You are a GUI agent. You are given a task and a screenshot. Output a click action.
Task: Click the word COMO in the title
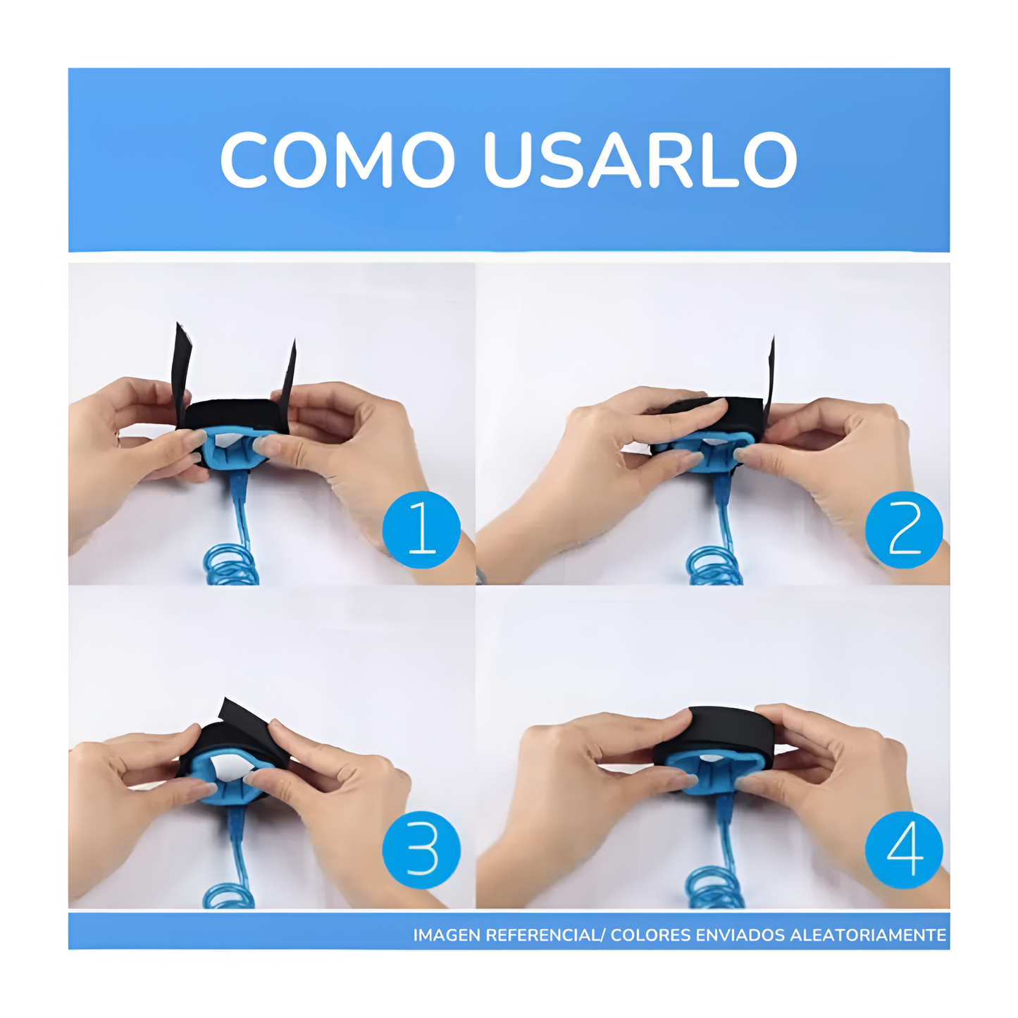pyautogui.click(x=337, y=160)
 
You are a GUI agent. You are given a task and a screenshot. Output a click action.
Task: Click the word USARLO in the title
pyautogui.click(x=640, y=160)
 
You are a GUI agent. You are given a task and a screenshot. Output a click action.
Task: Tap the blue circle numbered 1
pyautogui.click(x=421, y=530)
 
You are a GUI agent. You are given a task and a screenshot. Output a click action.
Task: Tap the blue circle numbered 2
pyautogui.click(x=903, y=530)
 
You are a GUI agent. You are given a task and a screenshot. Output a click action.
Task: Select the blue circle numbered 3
pyautogui.click(x=421, y=850)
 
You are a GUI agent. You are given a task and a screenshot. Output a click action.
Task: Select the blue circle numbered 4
pyautogui.click(x=903, y=850)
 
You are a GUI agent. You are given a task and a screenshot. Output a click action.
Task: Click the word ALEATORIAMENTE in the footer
pyautogui.click(x=868, y=935)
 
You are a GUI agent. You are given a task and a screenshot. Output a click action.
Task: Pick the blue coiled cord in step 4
pyautogui.click(x=713, y=888)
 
